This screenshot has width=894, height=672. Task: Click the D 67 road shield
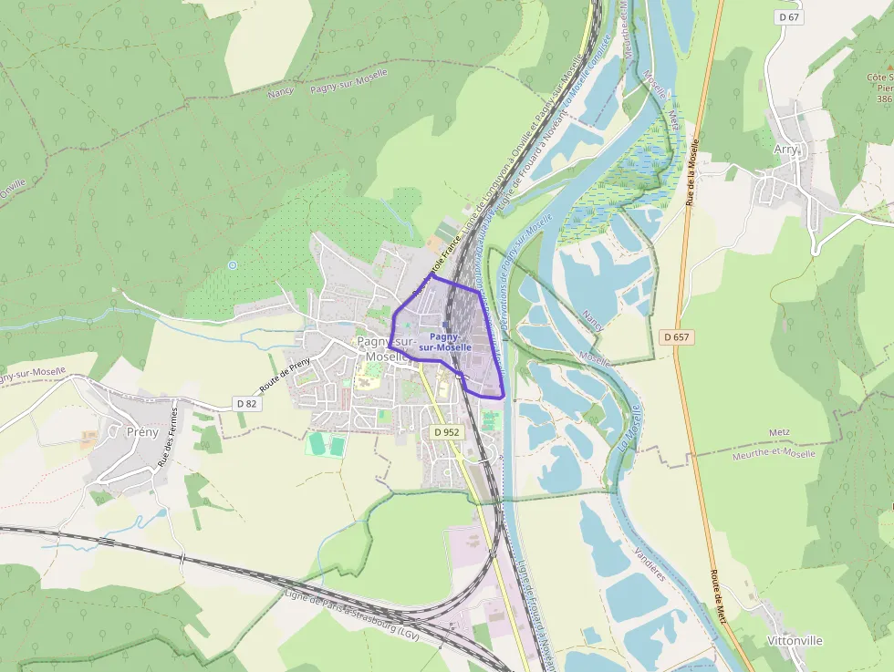[790, 17]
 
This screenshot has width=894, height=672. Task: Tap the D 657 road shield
[678, 337]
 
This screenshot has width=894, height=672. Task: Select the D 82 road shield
[246, 403]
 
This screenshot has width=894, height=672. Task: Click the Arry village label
[785, 149]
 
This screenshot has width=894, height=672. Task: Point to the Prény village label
[142, 431]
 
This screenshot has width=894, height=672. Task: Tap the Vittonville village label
[795, 640]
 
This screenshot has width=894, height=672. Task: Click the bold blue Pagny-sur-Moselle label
[445, 342]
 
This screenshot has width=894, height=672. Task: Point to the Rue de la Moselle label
[691, 172]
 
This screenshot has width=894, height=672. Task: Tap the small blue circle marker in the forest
[233, 265]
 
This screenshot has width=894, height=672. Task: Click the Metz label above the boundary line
[754, 432]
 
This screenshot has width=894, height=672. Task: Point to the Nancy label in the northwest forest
[280, 92]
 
